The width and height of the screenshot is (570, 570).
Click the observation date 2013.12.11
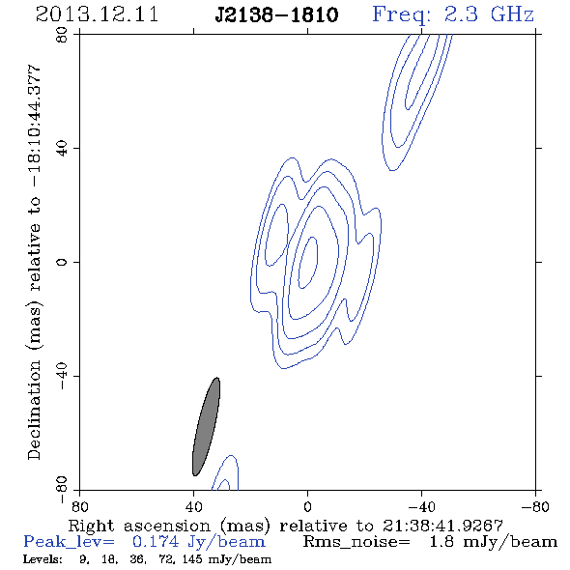tap(97, 14)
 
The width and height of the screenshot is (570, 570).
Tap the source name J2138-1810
tap(276, 14)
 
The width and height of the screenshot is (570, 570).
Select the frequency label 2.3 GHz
tap(489, 14)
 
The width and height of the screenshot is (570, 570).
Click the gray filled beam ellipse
tap(206, 426)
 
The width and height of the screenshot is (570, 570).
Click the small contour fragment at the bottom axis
tap(225, 485)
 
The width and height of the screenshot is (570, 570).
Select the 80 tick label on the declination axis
tap(62, 35)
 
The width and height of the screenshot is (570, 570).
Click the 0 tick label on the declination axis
tap(62, 262)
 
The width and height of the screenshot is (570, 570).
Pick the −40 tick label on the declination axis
tap(62, 376)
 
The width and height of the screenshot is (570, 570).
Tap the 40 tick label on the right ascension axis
tap(194, 506)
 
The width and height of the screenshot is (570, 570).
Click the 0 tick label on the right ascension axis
tap(307, 506)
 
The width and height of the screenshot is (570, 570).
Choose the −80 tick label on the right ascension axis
tap(535, 506)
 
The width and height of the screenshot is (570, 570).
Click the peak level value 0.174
tap(156, 542)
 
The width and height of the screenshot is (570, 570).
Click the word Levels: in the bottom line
tap(43, 559)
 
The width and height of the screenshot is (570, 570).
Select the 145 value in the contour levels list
tap(192, 559)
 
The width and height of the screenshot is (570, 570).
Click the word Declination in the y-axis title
tap(34, 410)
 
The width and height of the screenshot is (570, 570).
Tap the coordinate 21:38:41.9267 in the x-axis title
tap(442, 526)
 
